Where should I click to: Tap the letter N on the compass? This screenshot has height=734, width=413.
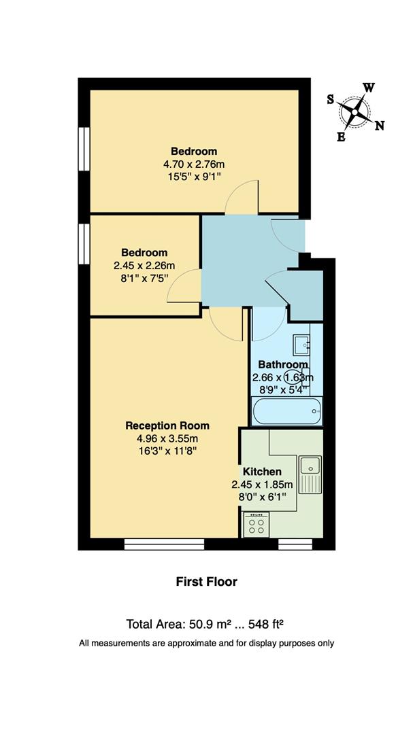pos(380,125)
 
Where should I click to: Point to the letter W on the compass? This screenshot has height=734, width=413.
pos(369,88)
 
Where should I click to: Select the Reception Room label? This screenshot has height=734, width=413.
pos(167,425)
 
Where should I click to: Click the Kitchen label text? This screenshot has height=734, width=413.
pos(262,472)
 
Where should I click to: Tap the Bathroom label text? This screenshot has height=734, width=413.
pos(283,364)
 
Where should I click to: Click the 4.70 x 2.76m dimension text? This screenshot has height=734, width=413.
pos(193,164)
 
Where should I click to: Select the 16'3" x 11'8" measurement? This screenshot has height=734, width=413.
pos(167,450)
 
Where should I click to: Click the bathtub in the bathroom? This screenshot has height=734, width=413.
pos(286,410)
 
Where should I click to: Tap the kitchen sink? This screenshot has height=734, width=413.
pos(311,466)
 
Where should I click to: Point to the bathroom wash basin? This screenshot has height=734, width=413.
pos(301,345)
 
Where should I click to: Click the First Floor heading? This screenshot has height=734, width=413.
pos(206,581)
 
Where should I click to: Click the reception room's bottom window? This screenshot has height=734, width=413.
pos(164,544)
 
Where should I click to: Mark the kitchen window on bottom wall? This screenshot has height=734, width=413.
pos(295,544)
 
